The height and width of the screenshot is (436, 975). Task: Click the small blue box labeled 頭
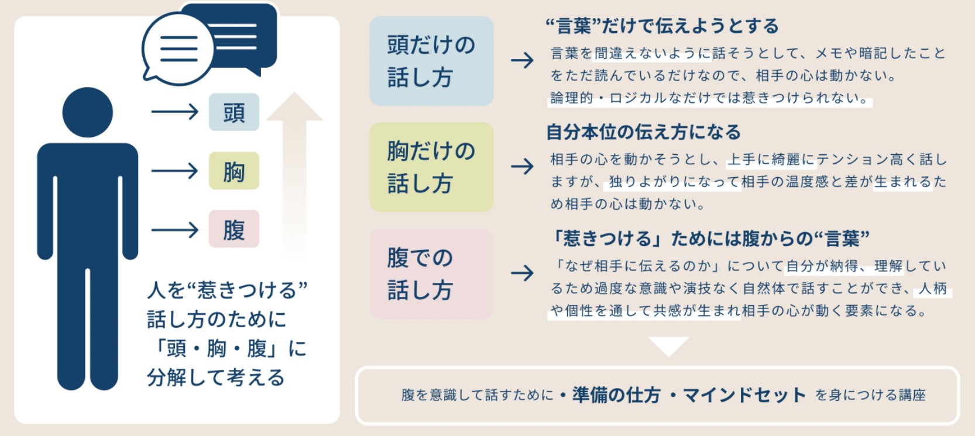point(234,112)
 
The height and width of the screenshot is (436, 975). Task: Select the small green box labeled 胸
point(234,171)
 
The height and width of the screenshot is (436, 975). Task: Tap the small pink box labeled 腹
point(234,229)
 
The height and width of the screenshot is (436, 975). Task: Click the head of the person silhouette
point(88,112)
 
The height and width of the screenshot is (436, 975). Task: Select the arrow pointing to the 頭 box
point(174,112)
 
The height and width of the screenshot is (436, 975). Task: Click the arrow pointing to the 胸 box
point(174,171)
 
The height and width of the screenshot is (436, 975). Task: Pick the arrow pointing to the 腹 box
point(174,230)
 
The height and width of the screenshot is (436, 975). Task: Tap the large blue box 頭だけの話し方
point(431,61)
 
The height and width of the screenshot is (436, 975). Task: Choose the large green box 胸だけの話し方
point(431,167)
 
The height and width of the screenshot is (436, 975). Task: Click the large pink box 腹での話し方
point(431,274)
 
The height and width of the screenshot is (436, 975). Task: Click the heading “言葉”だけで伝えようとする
point(662,26)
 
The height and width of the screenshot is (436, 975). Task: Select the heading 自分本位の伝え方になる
point(643,132)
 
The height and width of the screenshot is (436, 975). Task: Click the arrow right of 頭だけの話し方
point(522,60)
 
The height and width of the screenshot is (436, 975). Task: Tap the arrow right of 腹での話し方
point(522,273)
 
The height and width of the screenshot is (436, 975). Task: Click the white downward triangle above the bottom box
point(668,345)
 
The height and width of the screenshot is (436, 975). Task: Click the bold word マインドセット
point(744,395)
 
